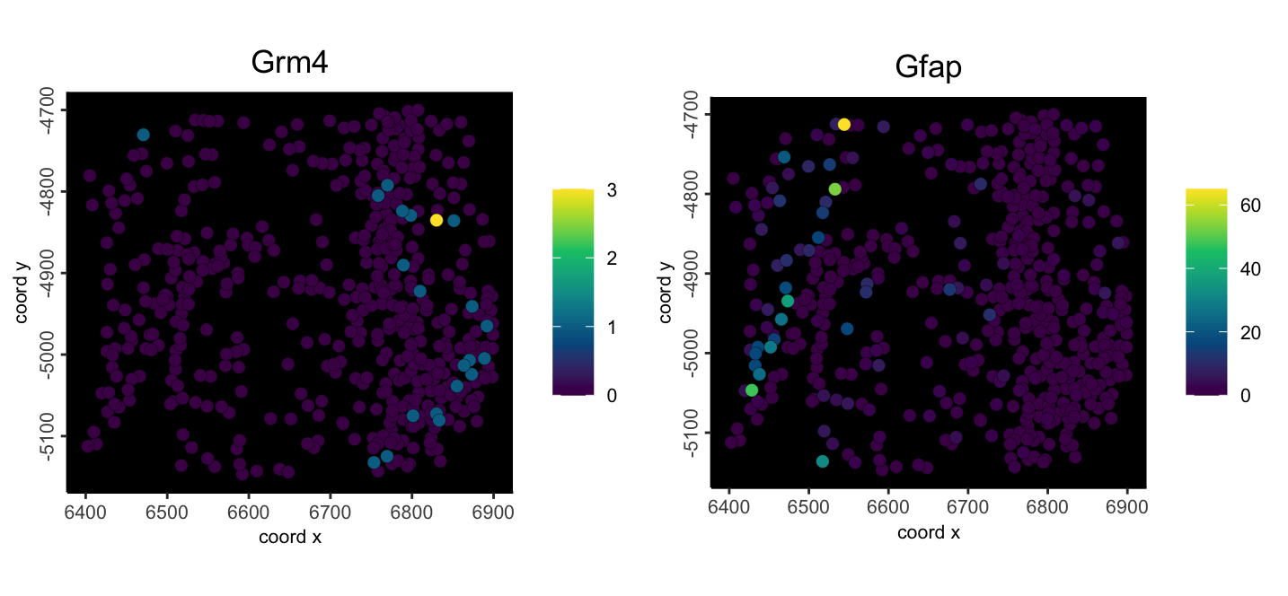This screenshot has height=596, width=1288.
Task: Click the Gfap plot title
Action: tap(929, 68)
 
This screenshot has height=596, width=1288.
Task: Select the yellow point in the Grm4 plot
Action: tap(437, 220)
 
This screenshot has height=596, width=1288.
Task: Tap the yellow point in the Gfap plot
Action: tap(844, 125)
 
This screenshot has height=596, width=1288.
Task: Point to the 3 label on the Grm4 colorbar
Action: tap(612, 190)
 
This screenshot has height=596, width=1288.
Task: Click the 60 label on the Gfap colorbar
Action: tap(1250, 205)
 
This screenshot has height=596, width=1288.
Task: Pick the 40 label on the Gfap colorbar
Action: tap(1250, 268)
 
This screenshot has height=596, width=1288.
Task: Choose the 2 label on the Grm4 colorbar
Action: tap(612, 259)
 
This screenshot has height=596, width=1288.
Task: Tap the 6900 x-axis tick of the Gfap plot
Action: tap(1127, 507)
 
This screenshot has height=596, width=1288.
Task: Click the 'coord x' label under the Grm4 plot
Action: tap(290, 538)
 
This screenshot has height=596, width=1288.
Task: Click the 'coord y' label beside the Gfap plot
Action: tap(666, 292)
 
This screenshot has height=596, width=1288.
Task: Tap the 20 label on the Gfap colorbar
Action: tap(1250, 332)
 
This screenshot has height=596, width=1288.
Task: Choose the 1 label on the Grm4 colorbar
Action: tap(612, 327)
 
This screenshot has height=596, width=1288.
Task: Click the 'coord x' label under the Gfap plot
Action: tap(929, 533)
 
